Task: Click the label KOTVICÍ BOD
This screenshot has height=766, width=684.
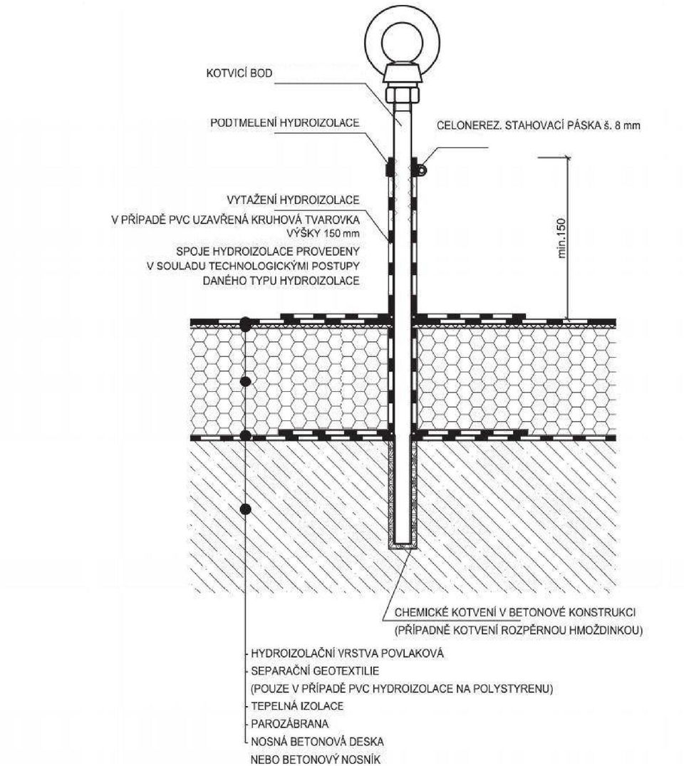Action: [x=239, y=73]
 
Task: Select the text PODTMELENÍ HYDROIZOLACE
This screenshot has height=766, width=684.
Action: [x=285, y=123]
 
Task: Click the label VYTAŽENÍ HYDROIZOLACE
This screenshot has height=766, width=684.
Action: [x=293, y=200]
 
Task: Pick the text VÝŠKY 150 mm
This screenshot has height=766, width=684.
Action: [x=323, y=233]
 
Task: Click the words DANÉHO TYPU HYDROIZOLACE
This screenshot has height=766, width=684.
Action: [x=281, y=281]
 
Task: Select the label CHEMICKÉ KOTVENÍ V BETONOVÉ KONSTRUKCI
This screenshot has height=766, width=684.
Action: [x=515, y=612]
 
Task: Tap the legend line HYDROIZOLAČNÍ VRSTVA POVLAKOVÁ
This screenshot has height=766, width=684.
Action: [x=348, y=653]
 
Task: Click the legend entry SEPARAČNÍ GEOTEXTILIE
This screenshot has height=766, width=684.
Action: [x=315, y=671]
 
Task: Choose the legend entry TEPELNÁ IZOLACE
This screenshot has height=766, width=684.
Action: [x=297, y=706]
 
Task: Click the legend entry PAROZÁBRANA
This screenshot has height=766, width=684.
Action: [x=290, y=723]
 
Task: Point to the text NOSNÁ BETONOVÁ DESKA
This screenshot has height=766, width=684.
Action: [x=317, y=741]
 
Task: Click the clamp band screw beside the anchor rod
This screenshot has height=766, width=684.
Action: [x=422, y=170]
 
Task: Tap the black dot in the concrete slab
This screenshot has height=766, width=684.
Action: [x=246, y=509]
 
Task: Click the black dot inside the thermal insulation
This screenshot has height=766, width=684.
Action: [x=246, y=381]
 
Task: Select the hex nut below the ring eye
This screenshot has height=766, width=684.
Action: [x=403, y=94]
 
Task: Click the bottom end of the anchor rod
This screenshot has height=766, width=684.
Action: [x=403, y=543]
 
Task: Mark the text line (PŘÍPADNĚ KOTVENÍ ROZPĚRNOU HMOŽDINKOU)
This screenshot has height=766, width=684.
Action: [x=519, y=630]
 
